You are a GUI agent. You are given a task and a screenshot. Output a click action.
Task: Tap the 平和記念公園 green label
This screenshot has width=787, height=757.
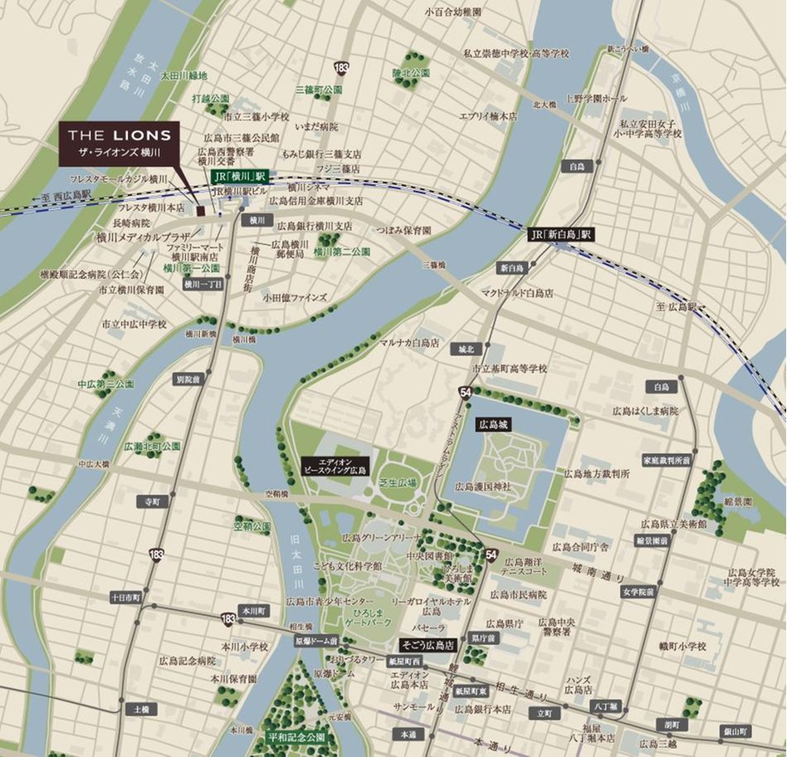[x=296, y=737]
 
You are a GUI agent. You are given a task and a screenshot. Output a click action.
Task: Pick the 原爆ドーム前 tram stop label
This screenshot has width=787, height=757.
[x=315, y=642]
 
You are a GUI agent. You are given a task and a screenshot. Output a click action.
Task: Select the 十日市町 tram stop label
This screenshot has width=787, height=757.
[x=126, y=597]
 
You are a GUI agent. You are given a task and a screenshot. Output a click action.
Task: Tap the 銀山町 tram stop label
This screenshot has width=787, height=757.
[x=736, y=731]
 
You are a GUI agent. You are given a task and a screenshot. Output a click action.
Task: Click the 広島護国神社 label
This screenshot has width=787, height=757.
[x=483, y=486]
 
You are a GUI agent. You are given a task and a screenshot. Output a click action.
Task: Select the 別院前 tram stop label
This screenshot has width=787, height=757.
[x=188, y=378]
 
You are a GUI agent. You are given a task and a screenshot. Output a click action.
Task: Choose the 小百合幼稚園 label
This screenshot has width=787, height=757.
[x=452, y=12]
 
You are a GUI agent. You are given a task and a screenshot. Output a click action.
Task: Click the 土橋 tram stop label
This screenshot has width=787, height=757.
[x=139, y=710]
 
